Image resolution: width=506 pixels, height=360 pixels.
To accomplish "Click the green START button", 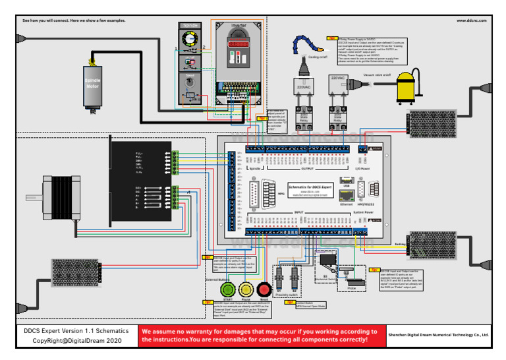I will [x=228, y=289].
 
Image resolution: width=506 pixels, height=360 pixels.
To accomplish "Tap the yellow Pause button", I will [x=246, y=289].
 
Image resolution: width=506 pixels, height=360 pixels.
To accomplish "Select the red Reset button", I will [x=265, y=289].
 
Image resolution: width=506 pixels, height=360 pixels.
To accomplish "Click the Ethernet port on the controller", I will [x=347, y=196].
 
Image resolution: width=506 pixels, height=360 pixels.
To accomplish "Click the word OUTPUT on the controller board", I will [x=308, y=169].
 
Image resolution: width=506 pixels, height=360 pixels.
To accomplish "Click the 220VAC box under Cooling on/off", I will [x=304, y=85].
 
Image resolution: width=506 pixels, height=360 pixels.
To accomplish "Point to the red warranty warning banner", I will [x=262, y=335].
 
